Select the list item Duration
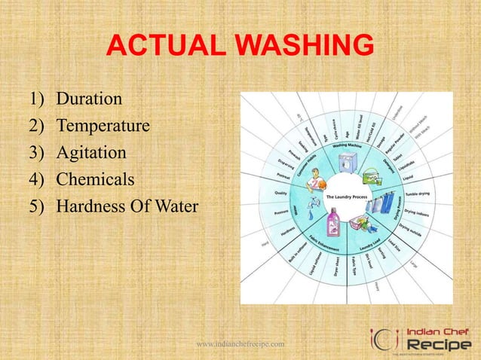click(x=90, y=99)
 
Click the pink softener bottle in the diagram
click(x=332, y=223)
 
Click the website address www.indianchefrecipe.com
click(x=240, y=343)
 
